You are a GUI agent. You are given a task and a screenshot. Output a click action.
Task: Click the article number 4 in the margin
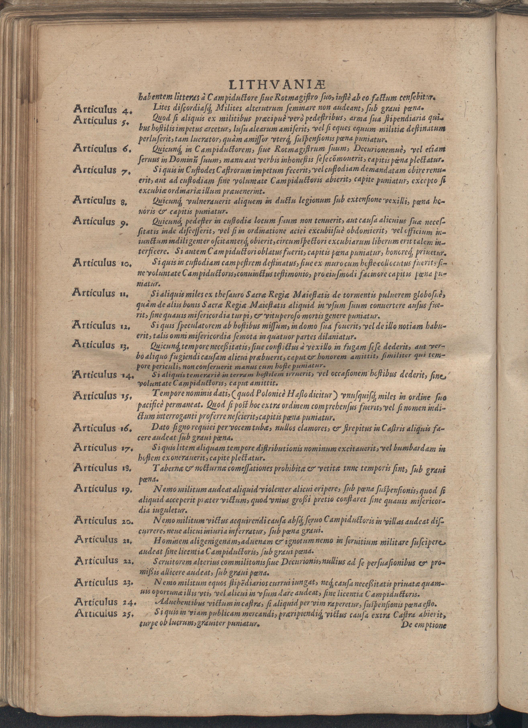pos(126,111)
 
